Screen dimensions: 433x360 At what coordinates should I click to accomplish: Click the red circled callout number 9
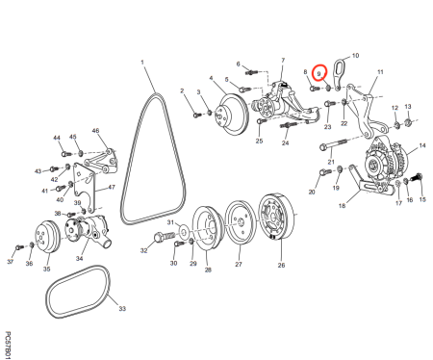pos(319,74)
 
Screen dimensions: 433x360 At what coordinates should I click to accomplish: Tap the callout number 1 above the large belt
pos(142,63)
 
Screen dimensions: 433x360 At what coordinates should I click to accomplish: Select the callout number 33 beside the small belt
pos(122,309)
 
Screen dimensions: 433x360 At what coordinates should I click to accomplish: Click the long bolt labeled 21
pos(334,144)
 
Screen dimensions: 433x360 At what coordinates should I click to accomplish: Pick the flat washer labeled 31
pos(184,231)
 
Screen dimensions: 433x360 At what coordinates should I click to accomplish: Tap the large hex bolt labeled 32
pos(165,237)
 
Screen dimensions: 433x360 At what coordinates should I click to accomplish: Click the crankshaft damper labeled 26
pos(277,217)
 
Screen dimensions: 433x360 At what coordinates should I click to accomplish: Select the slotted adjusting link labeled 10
pos(339,73)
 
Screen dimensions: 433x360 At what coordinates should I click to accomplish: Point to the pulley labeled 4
pos(234,115)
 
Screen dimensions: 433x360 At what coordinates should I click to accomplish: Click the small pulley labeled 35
pos(48,237)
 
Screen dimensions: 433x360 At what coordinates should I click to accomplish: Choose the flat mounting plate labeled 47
pos(85,188)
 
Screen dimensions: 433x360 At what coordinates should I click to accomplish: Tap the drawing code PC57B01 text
pos(9,346)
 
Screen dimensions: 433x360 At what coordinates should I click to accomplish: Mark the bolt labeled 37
pos(18,247)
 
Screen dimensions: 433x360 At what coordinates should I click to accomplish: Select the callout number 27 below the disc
pos(239,264)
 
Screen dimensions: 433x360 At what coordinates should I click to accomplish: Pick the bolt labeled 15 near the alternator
pos(418,177)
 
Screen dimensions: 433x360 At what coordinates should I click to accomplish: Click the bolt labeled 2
pos(197,115)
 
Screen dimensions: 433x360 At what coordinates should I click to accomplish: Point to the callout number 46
pos(95,131)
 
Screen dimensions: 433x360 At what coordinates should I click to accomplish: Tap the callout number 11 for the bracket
pos(380,72)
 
